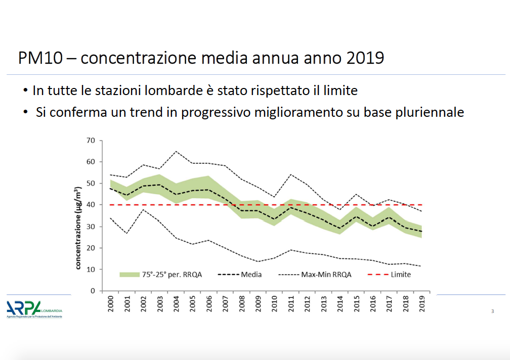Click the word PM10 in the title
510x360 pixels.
click(x=40, y=58)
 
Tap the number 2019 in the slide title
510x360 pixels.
click(x=365, y=58)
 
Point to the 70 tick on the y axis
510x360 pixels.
click(x=91, y=140)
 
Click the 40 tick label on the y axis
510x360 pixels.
click(x=91, y=205)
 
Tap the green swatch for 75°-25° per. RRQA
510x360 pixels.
click(x=129, y=275)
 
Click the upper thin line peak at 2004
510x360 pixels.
click(x=176, y=151)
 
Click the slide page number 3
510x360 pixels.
click(x=492, y=311)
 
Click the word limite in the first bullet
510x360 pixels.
click(x=341, y=91)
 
